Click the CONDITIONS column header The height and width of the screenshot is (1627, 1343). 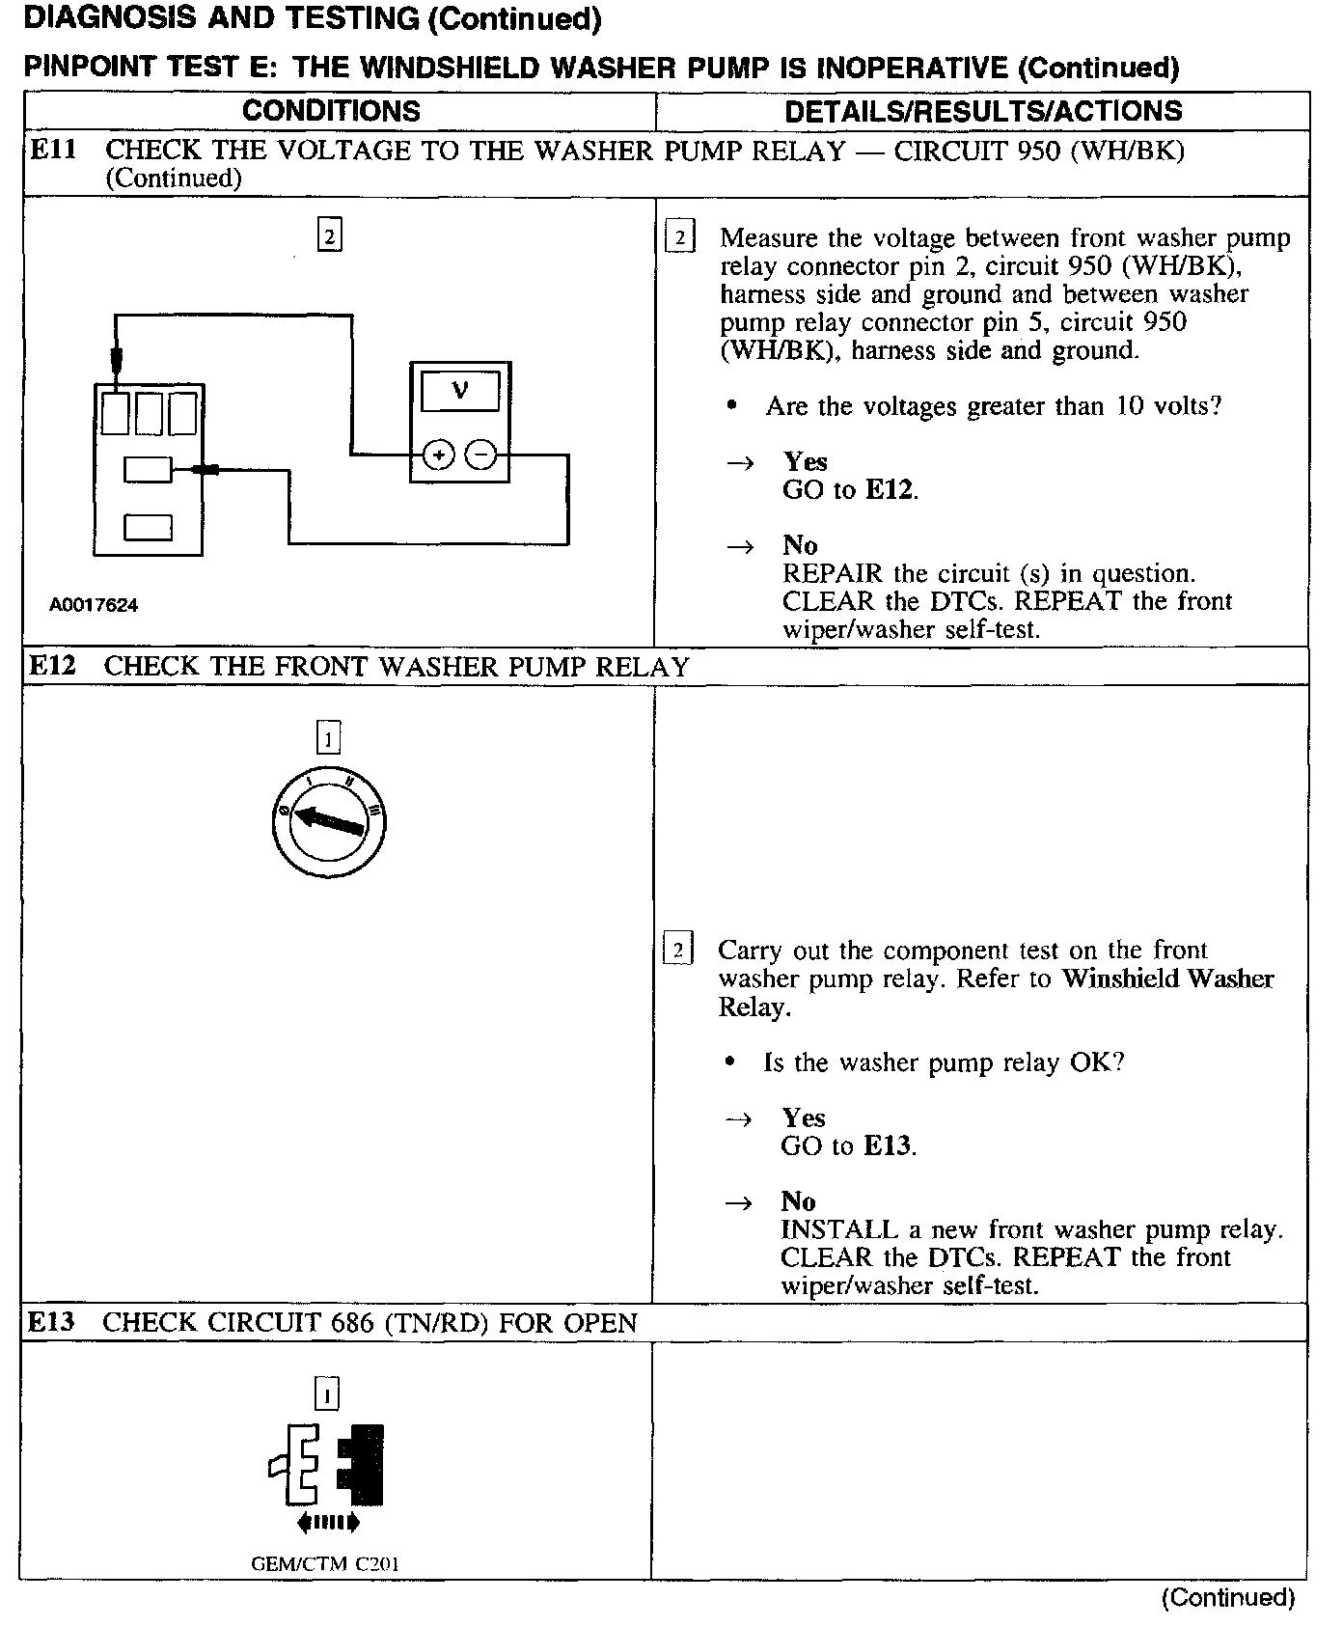tap(331, 111)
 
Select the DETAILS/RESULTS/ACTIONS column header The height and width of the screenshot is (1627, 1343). tap(982, 111)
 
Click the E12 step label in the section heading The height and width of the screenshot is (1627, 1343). tap(52, 666)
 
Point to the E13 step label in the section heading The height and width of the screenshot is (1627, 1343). tap(51, 1322)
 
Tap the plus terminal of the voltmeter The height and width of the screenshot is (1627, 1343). tap(439, 454)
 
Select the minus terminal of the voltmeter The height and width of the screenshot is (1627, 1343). tap(481, 454)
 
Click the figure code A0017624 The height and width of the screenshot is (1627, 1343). tap(94, 605)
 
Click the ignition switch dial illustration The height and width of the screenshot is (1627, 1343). tap(329, 821)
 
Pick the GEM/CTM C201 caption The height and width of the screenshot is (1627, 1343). tap(325, 1564)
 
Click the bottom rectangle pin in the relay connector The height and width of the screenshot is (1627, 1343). tap(148, 528)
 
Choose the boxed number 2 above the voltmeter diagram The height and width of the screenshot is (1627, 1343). tap(330, 235)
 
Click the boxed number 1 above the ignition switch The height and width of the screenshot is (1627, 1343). tap(329, 739)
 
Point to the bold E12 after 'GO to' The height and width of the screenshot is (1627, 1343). tap(889, 489)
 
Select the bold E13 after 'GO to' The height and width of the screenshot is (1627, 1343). tap(887, 1145)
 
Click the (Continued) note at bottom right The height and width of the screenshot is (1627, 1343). tap(1227, 1598)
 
